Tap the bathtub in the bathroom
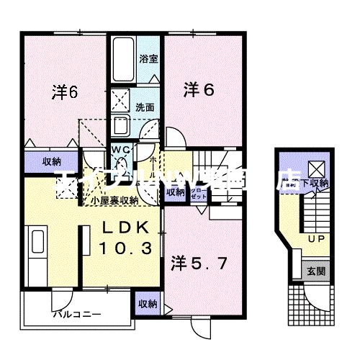pyautogui.click(x=123, y=58)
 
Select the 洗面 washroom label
pyautogui.click(x=145, y=106)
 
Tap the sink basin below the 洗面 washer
pyautogui.click(x=121, y=124)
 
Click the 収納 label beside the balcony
pyautogui.click(x=147, y=303)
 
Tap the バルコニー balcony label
pyautogui.click(x=76, y=315)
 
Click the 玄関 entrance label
pyautogui.click(x=315, y=271)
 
